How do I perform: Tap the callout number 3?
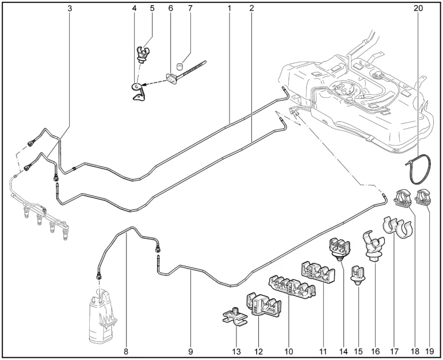tap(70, 9)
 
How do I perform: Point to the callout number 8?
tap(125, 350)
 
